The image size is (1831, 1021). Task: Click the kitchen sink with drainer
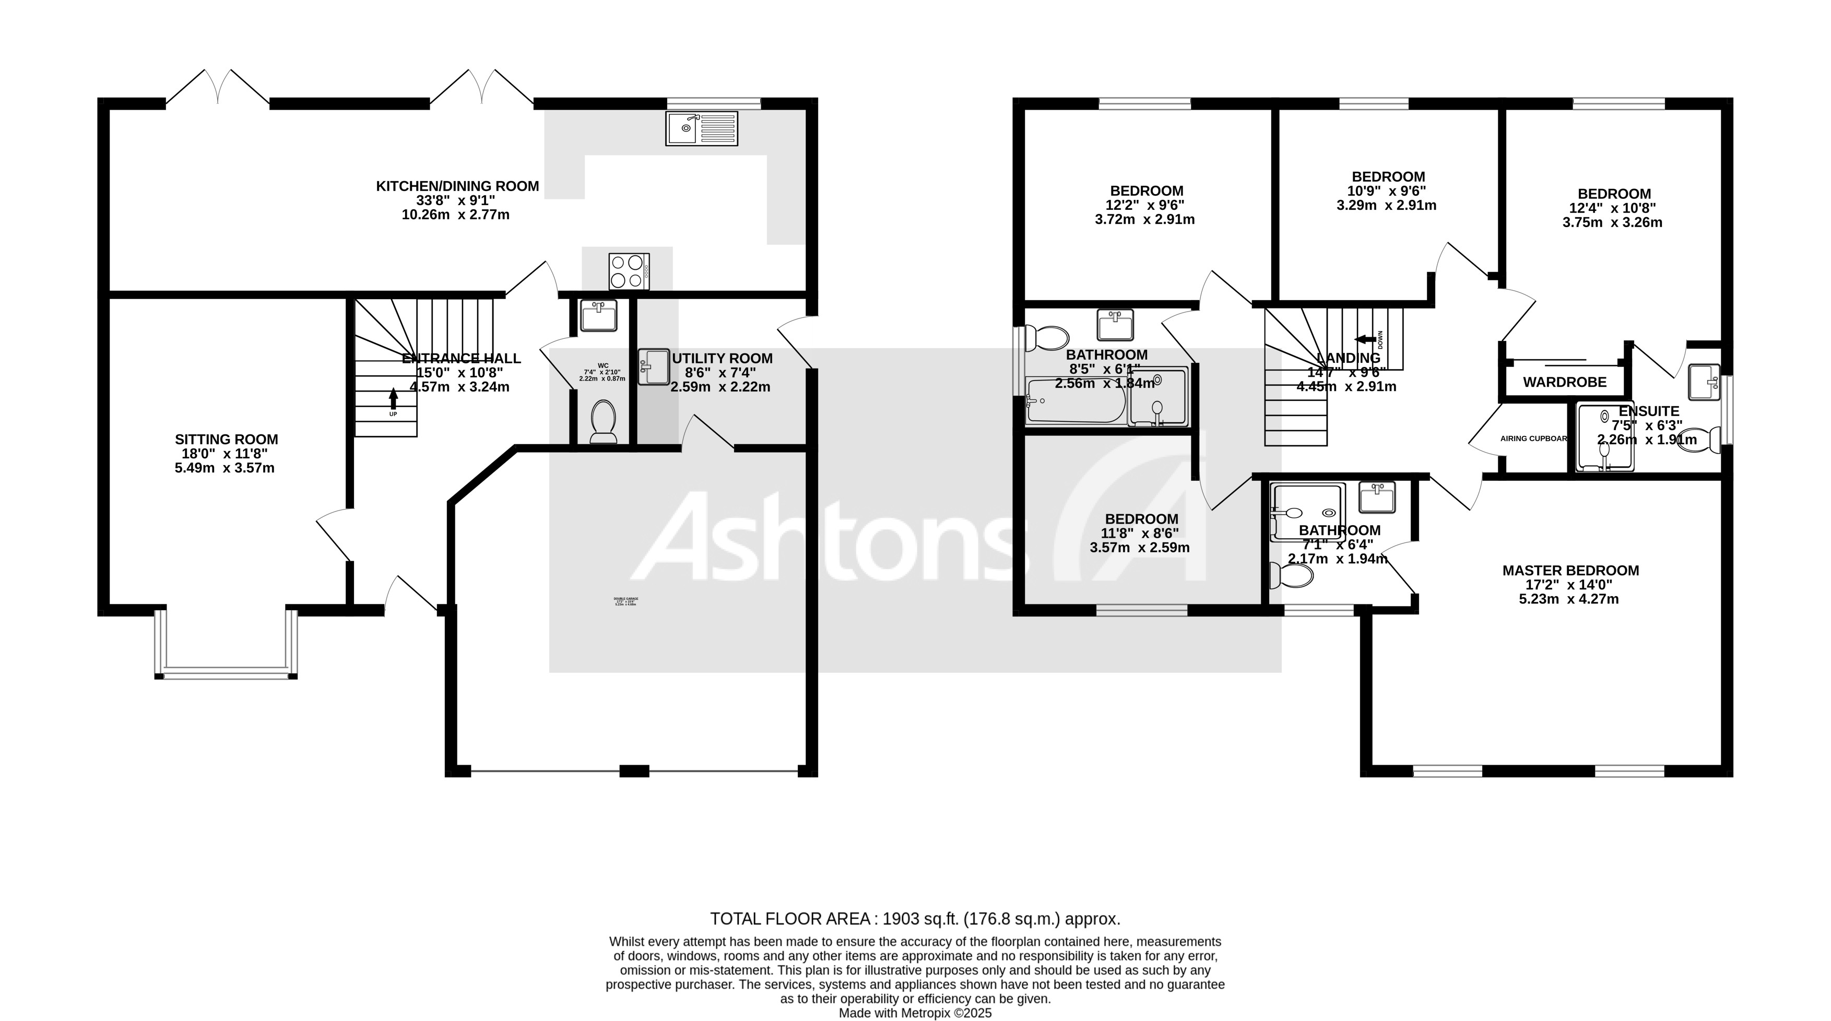pyautogui.click(x=702, y=128)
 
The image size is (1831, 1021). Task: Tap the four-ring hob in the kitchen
pyautogui.click(x=629, y=271)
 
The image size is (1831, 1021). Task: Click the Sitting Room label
pyautogui.click(x=226, y=440)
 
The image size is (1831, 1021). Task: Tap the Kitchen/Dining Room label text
pyautogui.click(x=457, y=186)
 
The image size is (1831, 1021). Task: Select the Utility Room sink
pyautogui.click(x=653, y=366)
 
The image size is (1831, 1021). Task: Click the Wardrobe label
pyautogui.click(x=1564, y=382)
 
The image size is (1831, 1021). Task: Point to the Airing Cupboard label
pyautogui.click(x=1532, y=438)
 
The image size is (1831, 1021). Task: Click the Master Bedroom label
pyautogui.click(x=1570, y=571)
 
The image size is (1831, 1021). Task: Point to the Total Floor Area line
pyautogui.click(x=915, y=919)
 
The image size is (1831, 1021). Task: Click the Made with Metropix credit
pyautogui.click(x=915, y=1013)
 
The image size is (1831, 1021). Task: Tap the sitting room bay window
pyautogui.click(x=226, y=671)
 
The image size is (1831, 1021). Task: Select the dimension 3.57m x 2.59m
pyautogui.click(x=1139, y=548)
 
